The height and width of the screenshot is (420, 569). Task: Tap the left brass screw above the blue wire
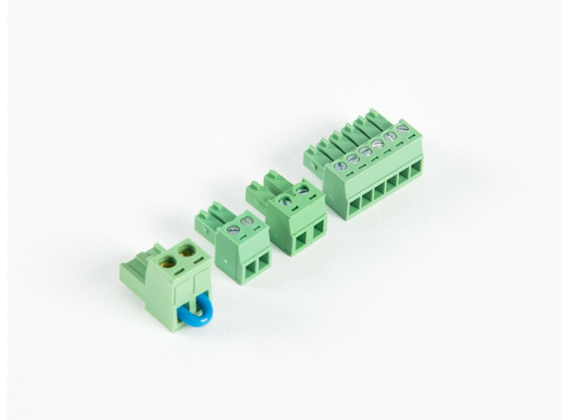click(168, 259)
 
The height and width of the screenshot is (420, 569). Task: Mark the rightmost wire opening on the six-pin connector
click(417, 171)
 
